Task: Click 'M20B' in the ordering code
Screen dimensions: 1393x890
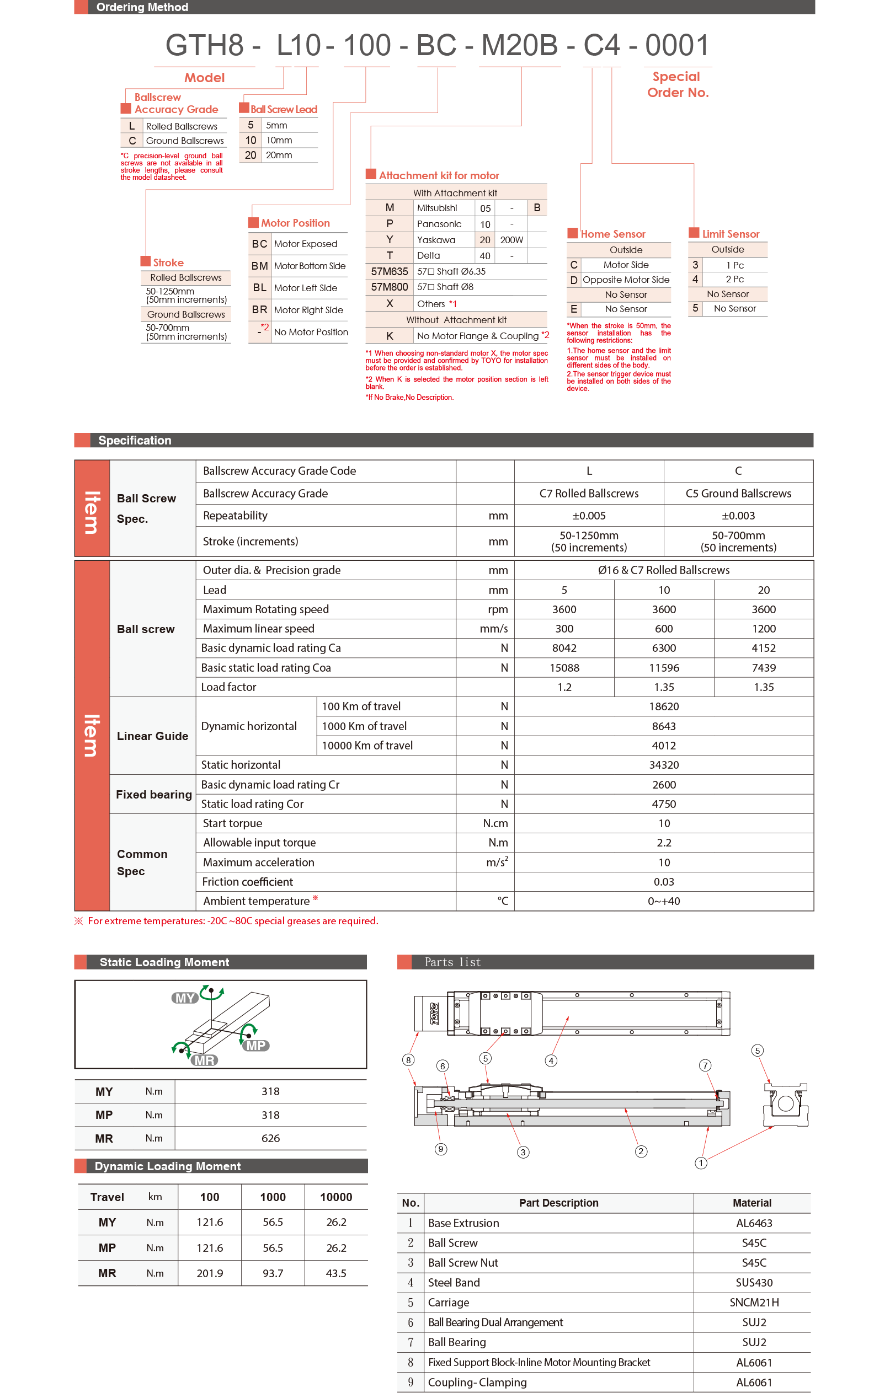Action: click(x=519, y=45)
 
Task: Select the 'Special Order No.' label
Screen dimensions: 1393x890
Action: click(x=678, y=84)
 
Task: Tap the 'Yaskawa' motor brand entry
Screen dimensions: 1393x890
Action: click(x=436, y=239)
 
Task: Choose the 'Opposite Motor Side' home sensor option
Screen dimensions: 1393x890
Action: click(x=626, y=280)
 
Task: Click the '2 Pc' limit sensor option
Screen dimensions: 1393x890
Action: click(x=734, y=280)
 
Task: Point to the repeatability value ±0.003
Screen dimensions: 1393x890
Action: click(x=738, y=516)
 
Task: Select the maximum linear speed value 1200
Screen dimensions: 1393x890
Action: click(x=763, y=629)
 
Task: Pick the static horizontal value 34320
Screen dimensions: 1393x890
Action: click(x=663, y=765)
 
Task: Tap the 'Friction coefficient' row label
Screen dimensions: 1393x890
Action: click(x=247, y=882)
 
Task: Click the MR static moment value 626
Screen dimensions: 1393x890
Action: click(x=270, y=1138)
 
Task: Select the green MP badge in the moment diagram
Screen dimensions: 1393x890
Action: click(x=256, y=1046)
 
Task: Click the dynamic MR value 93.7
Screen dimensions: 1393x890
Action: click(x=273, y=1273)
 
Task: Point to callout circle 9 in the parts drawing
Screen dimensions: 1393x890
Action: click(x=441, y=1149)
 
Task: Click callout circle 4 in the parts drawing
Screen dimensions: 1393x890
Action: click(x=551, y=1060)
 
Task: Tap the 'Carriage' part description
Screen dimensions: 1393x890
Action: click(x=449, y=1302)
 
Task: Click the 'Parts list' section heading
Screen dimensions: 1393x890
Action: click(x=452, y=962)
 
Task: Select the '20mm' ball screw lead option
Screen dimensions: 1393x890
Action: click(x=279, y=155)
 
